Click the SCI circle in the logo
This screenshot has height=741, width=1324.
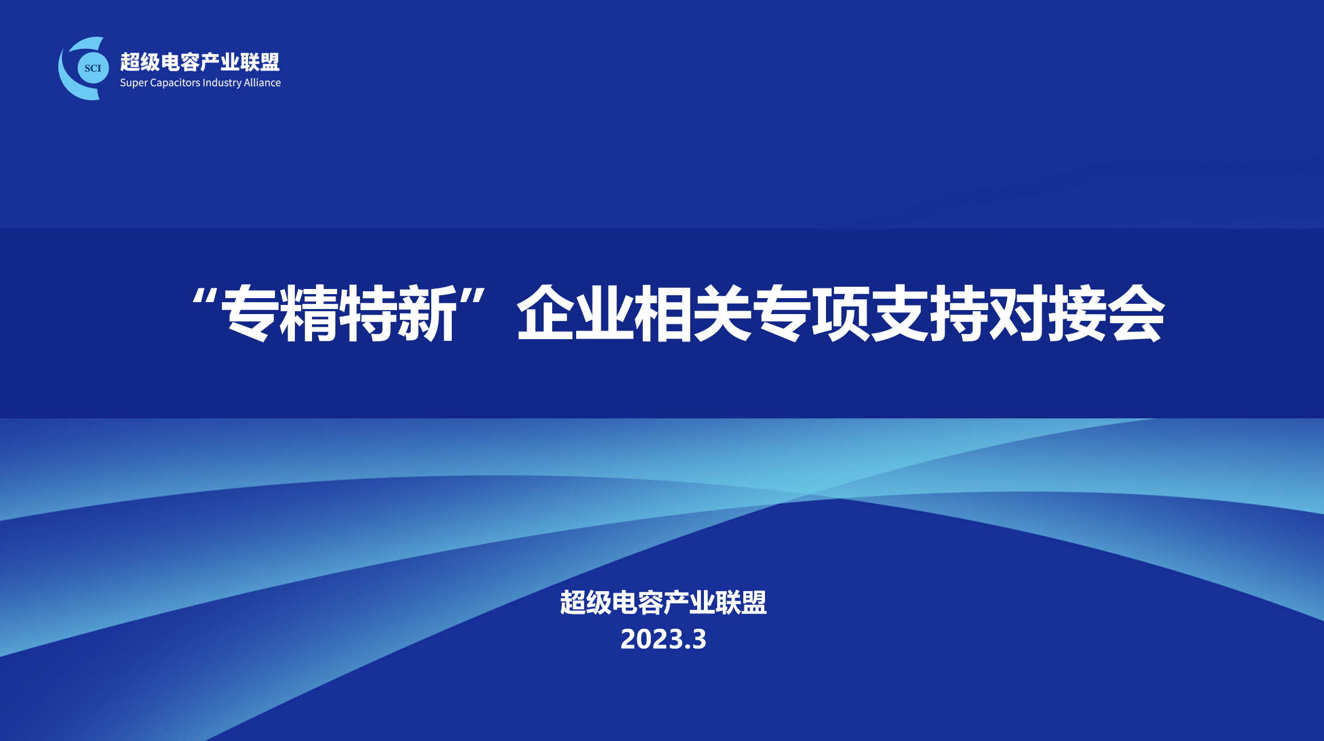(x=93, y=68)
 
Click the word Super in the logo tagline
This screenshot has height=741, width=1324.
(x=134, y=83)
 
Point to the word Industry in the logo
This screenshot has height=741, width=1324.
(x=222, y=83)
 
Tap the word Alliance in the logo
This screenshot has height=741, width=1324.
(x=262, y=83)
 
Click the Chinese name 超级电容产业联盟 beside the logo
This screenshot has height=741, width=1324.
(x=200, y=62)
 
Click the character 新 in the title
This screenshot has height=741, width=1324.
(x=427, y=313)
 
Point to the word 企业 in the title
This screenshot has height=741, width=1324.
(x=576, y=313)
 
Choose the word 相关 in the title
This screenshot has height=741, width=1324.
(x=694, y=313)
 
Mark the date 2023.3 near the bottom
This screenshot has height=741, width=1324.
(x=663, y=640)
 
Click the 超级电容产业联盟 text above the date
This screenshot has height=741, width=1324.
(x=663, y=602)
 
